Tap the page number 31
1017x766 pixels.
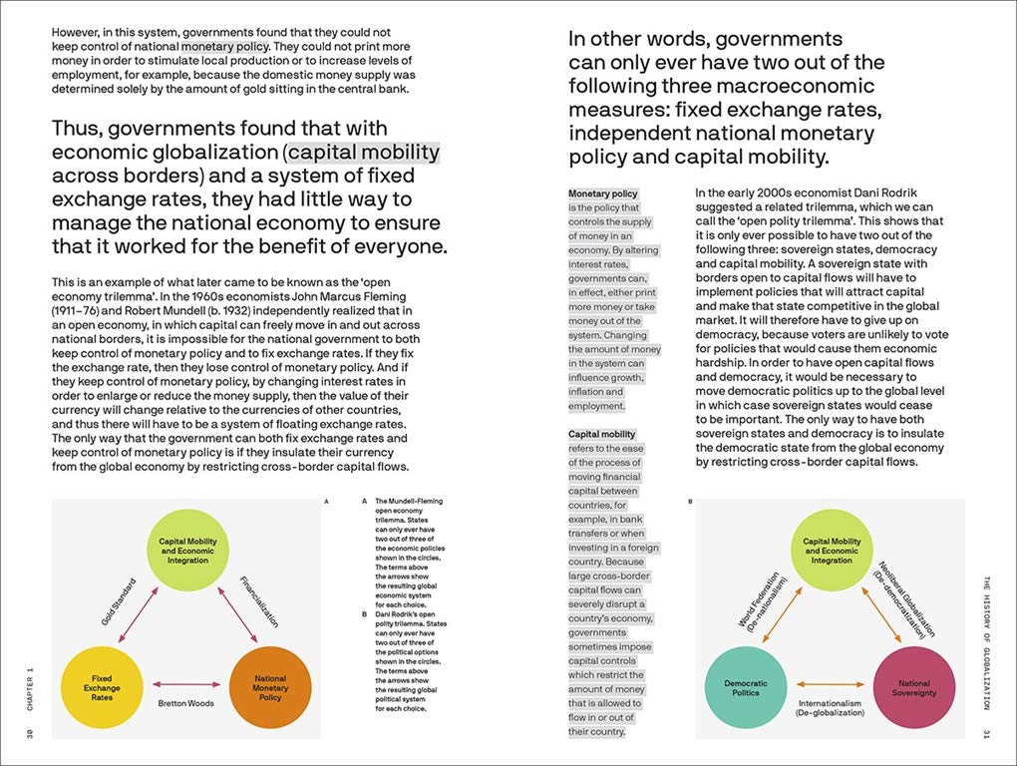986,735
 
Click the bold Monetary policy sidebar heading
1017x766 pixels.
602,193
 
